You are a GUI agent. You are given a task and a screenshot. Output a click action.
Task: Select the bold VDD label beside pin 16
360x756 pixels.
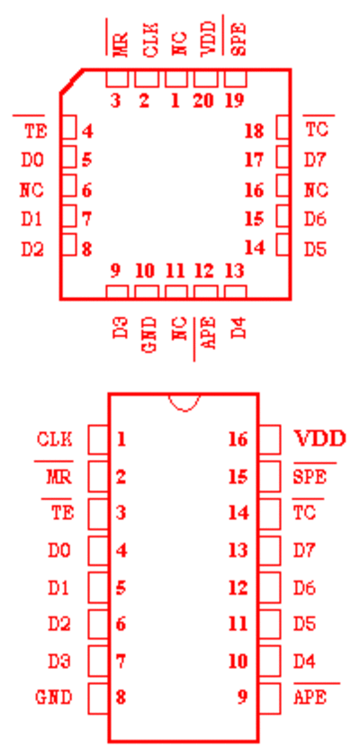coord(320,439)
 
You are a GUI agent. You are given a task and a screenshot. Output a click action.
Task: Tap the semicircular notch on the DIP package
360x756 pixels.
coord(184,403)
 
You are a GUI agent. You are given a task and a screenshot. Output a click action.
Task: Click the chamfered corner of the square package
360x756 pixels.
coord(71,81)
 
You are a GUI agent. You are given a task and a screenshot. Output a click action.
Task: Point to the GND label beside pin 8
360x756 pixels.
coord(54,697)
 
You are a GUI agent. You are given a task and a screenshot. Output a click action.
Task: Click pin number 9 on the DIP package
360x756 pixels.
coord(242,697)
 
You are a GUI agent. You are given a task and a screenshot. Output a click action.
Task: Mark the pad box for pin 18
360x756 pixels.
coord(283,127)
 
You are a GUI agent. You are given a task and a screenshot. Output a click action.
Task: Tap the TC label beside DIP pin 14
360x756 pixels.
coord(304,513)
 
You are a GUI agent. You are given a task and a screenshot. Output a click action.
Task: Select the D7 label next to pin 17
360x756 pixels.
coord(316,160)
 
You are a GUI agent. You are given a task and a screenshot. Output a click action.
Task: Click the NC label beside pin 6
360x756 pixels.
coord(31,191)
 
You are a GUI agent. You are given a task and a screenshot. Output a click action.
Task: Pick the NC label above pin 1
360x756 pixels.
coord(179,45)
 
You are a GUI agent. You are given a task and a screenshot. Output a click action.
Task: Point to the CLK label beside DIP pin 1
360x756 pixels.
coord(55,439)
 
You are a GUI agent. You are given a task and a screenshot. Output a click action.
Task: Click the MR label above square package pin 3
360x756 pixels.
coord(121,45)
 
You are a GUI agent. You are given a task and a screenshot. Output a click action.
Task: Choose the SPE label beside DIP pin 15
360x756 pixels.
coord(310,477)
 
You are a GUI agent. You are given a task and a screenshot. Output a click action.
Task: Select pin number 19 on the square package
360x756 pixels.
coord(235,101)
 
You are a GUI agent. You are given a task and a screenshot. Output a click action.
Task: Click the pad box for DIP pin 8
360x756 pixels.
coord(98,699)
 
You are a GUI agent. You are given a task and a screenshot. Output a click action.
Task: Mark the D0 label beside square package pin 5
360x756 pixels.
coord(32,160)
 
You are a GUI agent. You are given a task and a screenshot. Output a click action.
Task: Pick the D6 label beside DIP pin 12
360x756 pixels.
coord(304,588)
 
